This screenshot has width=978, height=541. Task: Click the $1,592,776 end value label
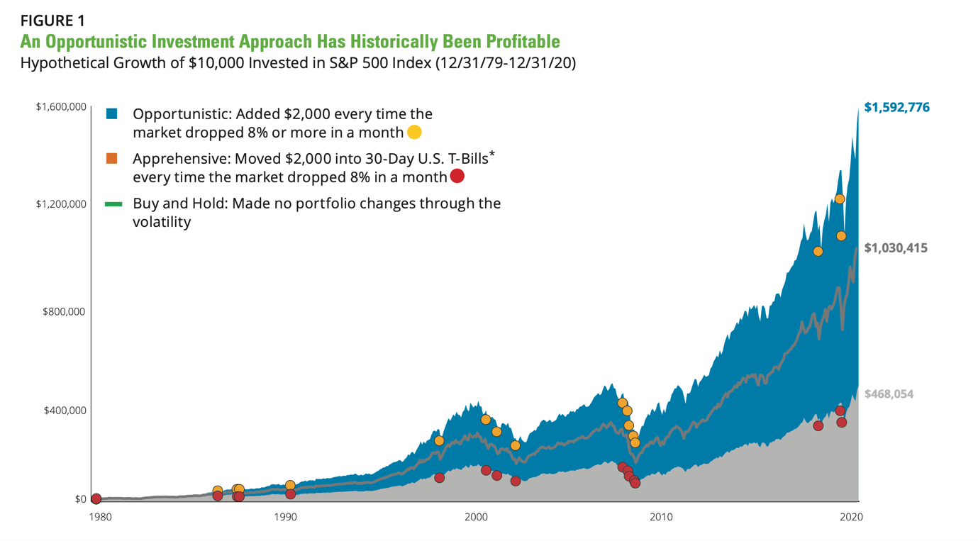pyautogui.click(x=896, y=107)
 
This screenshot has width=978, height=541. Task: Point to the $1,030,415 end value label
pyautogui.click(x=896, y=248)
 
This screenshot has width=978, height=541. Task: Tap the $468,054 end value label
pyautogui.click(x=889, y=394)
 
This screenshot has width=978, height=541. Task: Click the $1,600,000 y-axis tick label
pyautogui.click(x=61, y=106)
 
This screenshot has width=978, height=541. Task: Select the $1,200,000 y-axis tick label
pyautogui.click(x=61, y=204)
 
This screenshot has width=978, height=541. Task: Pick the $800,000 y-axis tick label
pyautogui.click(x=64, y=312)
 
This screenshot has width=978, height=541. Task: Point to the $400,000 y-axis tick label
pyautogui.click(x=65, y=411)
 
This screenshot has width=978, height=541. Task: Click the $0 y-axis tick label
pyautogui.click(x=80, y=499)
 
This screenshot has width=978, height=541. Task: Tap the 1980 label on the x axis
pyautogui.click(x=101, y=517)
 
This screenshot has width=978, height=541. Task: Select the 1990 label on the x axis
pyautogui.click(x=286, y=517)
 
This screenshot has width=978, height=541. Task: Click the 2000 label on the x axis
pyautogui.click(x=477, y=517)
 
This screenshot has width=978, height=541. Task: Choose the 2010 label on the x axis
pyautogui.click(x=661, y=517)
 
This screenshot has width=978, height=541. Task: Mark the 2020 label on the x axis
pyautogui.click(x=851, y=517)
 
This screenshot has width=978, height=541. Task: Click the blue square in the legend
pyautogui.click(x=112, y=114)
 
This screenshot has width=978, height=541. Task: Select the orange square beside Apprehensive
pyautogui.click(x=112, y=159)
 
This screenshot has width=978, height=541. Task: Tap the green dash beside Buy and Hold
pyautogui.click(x=113, y=204)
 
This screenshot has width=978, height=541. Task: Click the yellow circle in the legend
pyautogui.click(x=414, y=132)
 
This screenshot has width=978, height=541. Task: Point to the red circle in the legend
pyautogui.click(x=457, y=176)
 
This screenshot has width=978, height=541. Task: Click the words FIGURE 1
pyautogui.click(x=52, y=21)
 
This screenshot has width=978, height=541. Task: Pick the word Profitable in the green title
pyautogui.click(x=523, y=42)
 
